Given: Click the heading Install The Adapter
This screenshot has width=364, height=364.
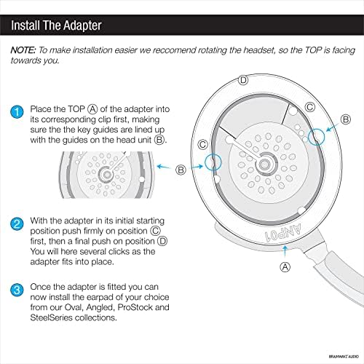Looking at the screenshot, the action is (56, 25).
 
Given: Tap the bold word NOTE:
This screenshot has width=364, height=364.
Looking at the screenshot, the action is (23, 50).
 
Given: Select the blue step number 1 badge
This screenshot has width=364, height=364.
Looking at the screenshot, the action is (17, 112).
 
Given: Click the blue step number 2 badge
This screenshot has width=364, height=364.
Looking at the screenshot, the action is (17, 224).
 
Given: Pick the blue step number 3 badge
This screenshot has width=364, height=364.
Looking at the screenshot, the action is (17, 290).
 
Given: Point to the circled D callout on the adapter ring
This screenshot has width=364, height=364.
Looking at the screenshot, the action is (243, 80).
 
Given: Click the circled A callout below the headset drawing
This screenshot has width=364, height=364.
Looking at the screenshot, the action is (285, 267).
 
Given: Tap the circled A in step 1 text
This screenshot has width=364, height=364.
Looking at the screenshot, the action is (92, 109).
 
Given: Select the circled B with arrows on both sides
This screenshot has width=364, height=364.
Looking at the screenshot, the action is (181, 170).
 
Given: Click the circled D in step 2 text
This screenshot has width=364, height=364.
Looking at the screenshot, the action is (162, 241).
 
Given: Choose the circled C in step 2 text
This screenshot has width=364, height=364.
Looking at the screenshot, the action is (155, 231).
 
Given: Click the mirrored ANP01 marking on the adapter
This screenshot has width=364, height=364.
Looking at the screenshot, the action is (283, 233).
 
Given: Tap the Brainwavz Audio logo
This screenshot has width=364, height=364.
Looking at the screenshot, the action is (344, 357).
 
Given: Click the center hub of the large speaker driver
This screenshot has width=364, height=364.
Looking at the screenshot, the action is (264, 165).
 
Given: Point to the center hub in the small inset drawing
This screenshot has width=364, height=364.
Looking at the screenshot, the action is (106, 174).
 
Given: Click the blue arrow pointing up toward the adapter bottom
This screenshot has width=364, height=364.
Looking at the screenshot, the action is (285, 251).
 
